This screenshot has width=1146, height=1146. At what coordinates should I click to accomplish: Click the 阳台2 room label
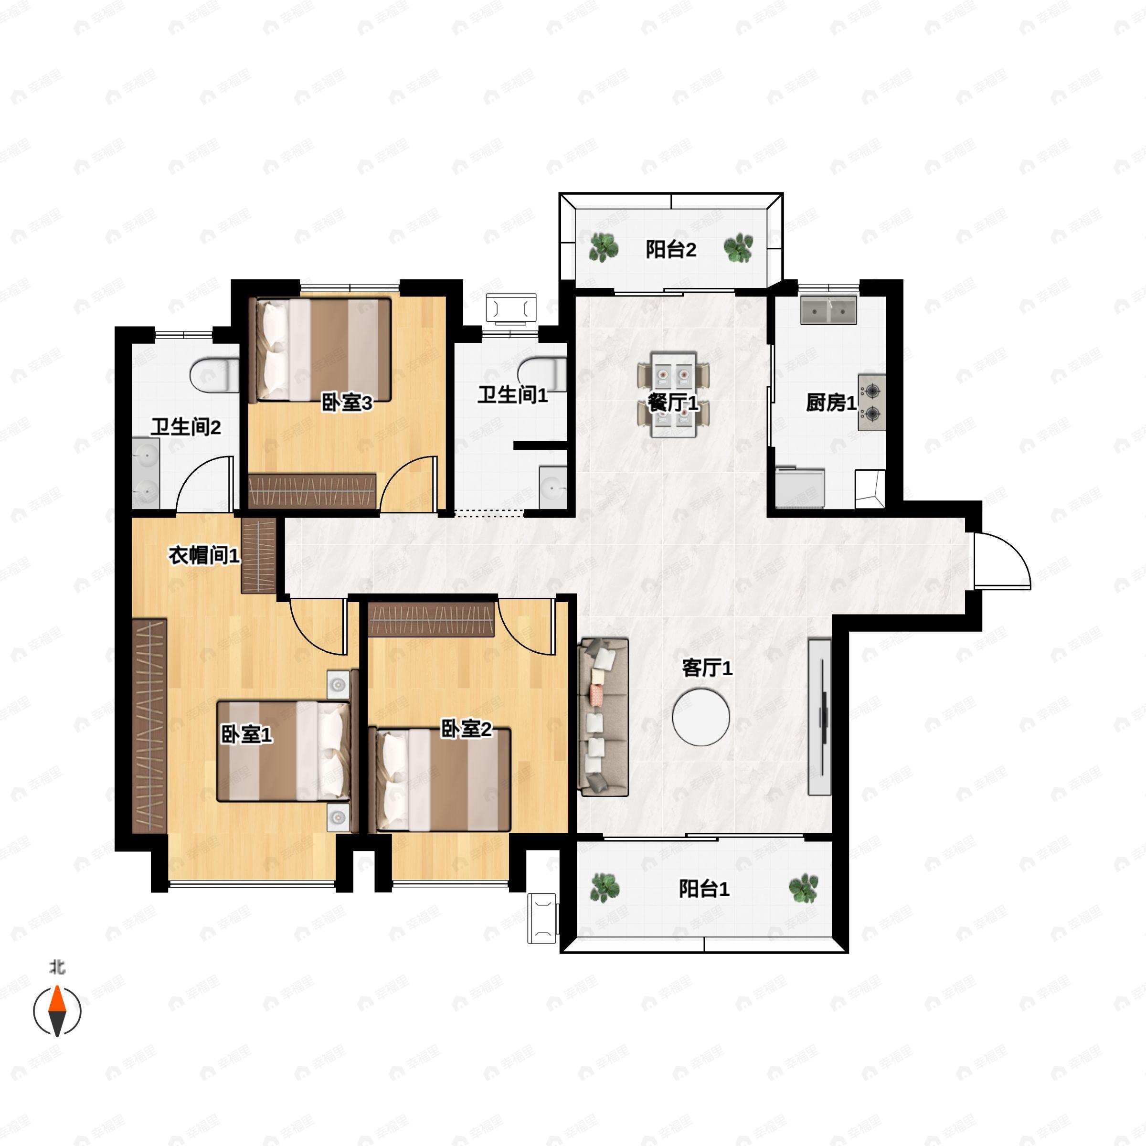(x=671, y=250)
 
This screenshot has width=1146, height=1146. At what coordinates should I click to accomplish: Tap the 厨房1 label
(x=830, y=403)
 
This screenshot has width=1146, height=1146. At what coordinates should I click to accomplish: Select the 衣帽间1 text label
(x=204, y=556)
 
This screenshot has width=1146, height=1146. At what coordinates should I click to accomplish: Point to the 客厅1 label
(x=707, y=668)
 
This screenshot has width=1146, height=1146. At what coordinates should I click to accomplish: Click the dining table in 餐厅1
(x=673, y=394)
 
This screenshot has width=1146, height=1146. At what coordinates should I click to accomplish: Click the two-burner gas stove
(x=871, y=402)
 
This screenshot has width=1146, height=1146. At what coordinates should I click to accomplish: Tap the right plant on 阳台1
(x=803, y=888)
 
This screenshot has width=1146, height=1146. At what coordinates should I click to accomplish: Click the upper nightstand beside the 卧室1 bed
(x=338, y=686)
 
